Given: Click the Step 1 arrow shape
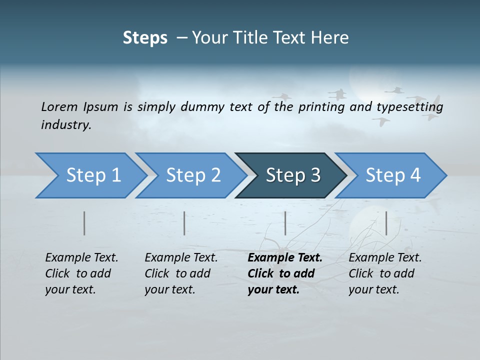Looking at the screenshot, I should (x=90, y=175).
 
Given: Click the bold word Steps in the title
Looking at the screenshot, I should (x=145, y=38).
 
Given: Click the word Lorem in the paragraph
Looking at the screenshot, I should (x=59, y=106).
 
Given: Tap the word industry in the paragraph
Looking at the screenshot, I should (x=66, y=125).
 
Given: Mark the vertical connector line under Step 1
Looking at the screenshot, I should (x=84, y=223).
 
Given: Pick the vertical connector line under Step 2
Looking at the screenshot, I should (x=184, y=223).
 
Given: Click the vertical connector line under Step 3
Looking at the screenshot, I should (x=285, y=223).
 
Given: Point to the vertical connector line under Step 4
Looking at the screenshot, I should (x=386, y=223).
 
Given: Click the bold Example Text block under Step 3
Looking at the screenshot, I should (x=284, y=273).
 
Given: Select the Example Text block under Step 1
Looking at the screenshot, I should (x=81, y=273).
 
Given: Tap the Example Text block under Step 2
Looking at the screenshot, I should (x=181, y=273).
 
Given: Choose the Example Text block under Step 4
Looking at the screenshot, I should (x=385, y=273).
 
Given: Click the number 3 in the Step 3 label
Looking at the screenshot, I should (x=314, y=175).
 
